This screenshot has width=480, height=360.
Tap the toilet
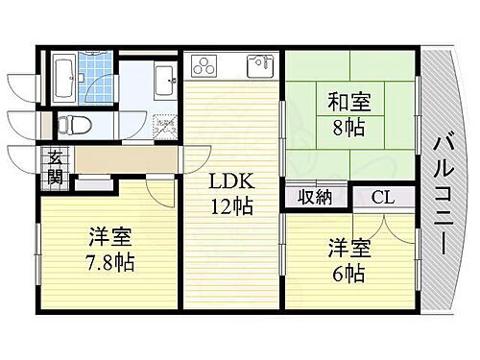[73, 123]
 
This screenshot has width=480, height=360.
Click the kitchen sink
[260, 66]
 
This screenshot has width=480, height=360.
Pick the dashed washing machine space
[165, 126]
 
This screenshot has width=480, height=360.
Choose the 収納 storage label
[315, 199]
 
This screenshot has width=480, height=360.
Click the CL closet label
[381, 199]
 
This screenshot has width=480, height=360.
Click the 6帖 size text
[348, 272]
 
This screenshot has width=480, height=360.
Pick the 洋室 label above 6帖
[348, 248]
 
